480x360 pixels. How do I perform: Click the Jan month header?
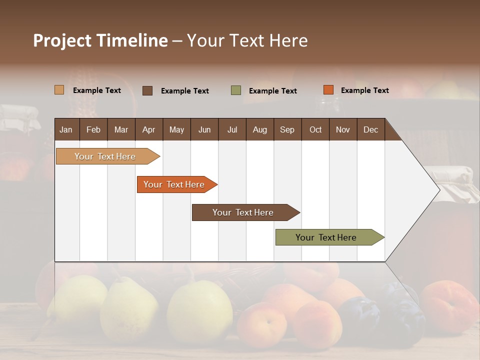click(66, 129)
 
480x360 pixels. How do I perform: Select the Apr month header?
click(148, 129)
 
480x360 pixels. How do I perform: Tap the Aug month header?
click(259, 129)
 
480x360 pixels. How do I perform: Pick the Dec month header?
click(370, 129)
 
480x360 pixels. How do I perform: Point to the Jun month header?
click(204, 129)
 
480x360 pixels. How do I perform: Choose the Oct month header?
click(315, 129)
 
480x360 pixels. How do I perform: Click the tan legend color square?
click(59, 90)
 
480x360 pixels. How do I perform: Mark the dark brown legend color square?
click(147, 90)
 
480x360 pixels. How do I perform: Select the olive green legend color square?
click(236, 90)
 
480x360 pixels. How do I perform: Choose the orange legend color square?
click(328, 90)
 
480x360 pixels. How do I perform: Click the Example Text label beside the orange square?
click(364, 90)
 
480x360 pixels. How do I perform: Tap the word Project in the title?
click(62, 40)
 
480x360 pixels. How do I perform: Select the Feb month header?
click(93, 129)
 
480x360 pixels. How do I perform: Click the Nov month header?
click(343, 129)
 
